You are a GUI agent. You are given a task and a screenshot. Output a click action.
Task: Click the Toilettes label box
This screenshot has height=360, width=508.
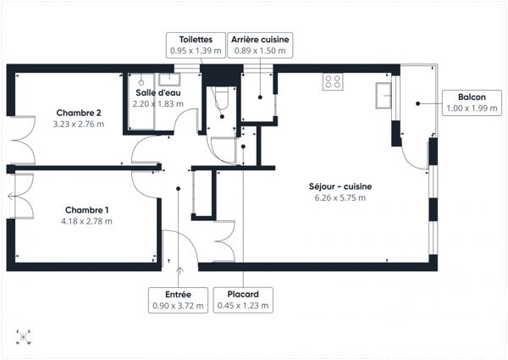click(x=196, y=45)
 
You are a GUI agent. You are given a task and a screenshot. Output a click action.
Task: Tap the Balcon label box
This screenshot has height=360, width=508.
click(x=472, y=102)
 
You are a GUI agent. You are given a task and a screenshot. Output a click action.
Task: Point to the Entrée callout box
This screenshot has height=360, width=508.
click(x=178, y=300)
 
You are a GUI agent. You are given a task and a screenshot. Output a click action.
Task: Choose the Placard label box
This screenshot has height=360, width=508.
click(x=244, y=300)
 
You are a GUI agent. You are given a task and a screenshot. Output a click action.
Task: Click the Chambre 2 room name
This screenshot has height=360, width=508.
click(x=79, y=113)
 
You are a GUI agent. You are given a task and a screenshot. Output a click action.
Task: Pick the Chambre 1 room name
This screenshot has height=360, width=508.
click(x=86, y=209)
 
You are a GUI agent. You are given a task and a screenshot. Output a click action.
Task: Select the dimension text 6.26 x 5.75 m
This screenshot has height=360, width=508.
click(x=340, y=198)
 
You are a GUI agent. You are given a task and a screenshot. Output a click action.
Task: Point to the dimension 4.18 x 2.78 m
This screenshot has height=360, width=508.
click(x=86, y=221)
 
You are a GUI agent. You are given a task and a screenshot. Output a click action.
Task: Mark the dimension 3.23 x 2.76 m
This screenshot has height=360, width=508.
click(x=79, y=125)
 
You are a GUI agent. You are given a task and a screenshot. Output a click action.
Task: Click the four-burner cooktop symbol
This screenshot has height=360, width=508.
click(x=332, y=82)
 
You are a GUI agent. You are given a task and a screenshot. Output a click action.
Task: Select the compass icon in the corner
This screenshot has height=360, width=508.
click(x=20, y=338)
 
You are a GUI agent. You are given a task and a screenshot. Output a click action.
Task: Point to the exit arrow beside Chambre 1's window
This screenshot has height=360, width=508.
click(x=10, y=197)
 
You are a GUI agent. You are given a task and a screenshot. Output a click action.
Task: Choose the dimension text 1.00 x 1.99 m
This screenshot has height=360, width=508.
click(x=472, y=108)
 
